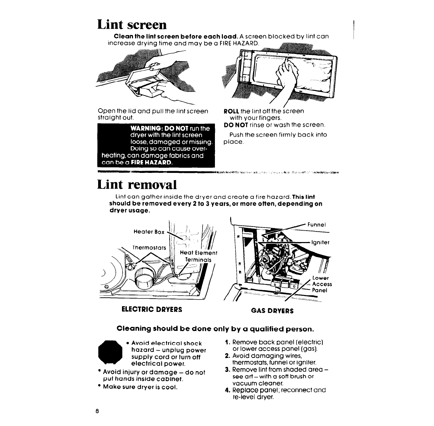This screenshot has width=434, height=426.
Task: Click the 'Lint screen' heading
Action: coord(132,25)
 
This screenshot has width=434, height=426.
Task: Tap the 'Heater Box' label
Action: coord(149,232)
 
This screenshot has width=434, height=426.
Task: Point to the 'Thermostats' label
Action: coord(150,248)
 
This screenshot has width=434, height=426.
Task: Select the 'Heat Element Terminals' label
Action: coord(198,256)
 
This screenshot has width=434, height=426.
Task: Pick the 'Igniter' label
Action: coord(320,242)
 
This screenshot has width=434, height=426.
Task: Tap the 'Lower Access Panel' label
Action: coord(321,284)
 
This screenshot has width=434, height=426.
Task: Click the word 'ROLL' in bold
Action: coord(230,111)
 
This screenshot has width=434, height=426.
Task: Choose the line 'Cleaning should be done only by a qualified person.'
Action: coord(216,328)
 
